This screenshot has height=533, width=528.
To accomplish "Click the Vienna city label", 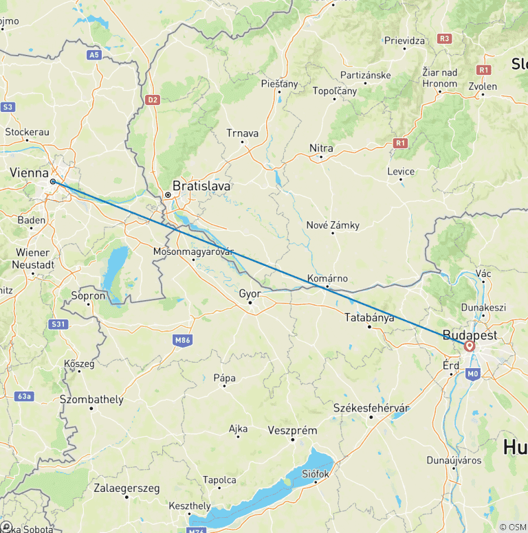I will click(x=30, y=172).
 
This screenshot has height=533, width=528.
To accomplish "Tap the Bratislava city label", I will click(x=201, y=185).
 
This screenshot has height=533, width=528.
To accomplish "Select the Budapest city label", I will click(x=471, y=334).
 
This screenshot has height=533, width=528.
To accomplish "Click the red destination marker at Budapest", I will click(x=470, y=347).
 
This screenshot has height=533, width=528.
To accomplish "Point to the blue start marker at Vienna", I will click(x=53, y=181).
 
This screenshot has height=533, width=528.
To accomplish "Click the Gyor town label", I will click(x=249, y=293).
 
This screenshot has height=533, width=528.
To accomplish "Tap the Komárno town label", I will click(x=327, y=279).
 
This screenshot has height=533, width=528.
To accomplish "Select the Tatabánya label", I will click(x=370, y=317).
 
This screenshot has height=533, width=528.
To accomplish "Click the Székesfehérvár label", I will click(x=371, y=408).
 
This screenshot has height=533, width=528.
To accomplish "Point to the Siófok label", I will click(x=316, y=473).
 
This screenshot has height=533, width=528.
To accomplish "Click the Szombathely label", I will click(x=91, y=399).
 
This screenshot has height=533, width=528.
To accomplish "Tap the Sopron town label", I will click(x=89, y=296).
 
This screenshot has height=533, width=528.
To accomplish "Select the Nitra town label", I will click(x=321, y=148).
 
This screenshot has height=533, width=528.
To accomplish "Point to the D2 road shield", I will click(x=153, y=100).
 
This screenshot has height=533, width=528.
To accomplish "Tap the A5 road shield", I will click(x=93, y=54).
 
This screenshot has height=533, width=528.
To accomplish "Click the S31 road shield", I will click(x=58, y=324).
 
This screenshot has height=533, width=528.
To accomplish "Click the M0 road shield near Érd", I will click(x=472, y=374).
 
